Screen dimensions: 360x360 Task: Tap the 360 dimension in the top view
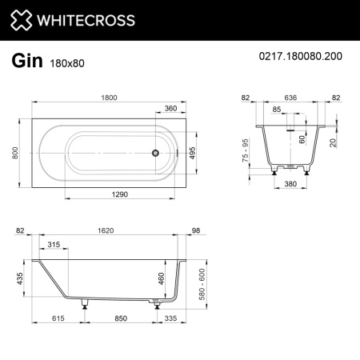(170, 108)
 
